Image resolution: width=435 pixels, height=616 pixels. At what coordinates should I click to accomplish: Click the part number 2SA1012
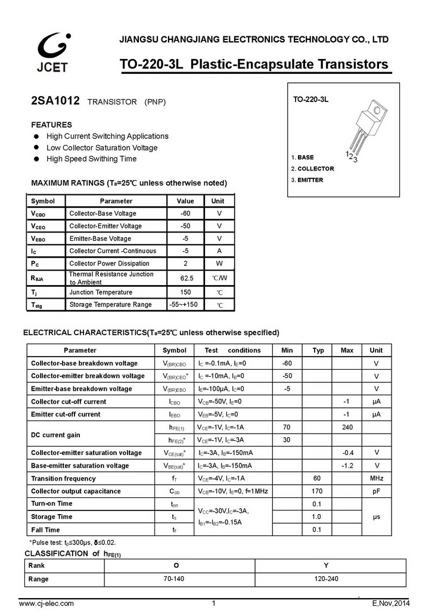pyautogui.click(x=55, y=101)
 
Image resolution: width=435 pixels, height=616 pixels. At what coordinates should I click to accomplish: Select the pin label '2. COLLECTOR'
pyautogui.click(x=312, y=169)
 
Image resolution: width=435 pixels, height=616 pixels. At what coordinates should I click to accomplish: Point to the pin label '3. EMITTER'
pyautogui.click(x=307, y=180)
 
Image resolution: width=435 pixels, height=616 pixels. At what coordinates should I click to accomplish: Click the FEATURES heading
pyautogui.click(x=51, y=125)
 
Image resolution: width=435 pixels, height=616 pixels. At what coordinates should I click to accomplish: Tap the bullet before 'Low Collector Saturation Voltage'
pyautogui.click(x=36, y=148)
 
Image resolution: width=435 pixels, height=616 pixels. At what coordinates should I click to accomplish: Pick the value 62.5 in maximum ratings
pyautogui.click(x=186, y=278)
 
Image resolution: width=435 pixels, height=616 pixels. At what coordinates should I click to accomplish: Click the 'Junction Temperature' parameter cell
pyautogui.click(x=101, y=292)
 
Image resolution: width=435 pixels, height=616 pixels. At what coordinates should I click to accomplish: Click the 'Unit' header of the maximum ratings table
pyautogui.click(x=218, y=201)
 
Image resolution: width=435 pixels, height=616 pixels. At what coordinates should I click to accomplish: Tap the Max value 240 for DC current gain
pyautogui.click(x=347, y=427)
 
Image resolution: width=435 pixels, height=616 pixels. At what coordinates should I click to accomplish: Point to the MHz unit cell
pyautogui.click(x=376, y=478)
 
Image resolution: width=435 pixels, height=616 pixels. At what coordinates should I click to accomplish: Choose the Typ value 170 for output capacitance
pyautogui.click(x=318, y=491)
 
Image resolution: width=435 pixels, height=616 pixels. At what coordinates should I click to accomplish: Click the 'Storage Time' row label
pyautogui.click(x=52, y=516)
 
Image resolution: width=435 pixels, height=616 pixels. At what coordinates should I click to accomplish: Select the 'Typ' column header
pyautogui.click(x=318, y=350)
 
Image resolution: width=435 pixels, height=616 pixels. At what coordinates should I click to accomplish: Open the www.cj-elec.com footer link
pyautogui.click(x=46, y=603)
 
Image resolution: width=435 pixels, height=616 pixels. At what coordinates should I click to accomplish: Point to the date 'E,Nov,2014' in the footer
pyautogui.click(x=392, y=603)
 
